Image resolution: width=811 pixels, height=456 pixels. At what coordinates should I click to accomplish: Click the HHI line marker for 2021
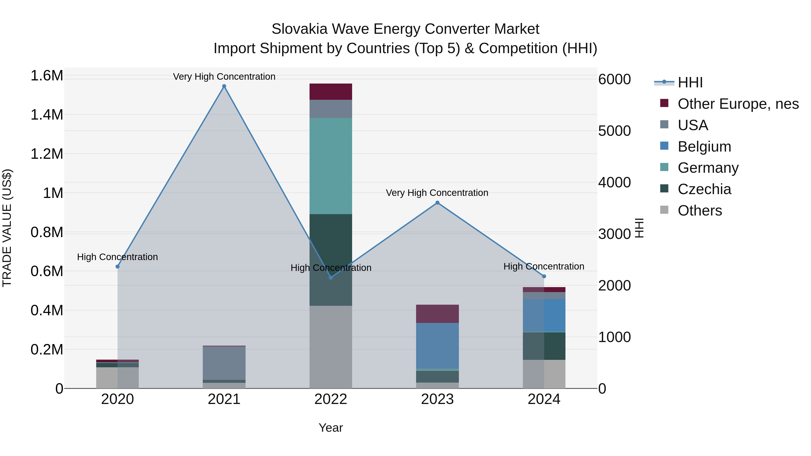click(x=224, y=86)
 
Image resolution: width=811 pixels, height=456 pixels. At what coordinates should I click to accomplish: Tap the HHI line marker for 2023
click(x=437, y=203)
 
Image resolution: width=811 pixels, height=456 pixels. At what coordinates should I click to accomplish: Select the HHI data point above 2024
click(x=544, y=276)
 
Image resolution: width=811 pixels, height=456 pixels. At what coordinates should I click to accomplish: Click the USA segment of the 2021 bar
click(x=224, y=363)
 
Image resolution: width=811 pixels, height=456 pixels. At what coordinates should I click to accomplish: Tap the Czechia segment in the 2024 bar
click(x=544, y=346)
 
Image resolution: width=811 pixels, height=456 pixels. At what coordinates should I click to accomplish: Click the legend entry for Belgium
click(x=704, y=147)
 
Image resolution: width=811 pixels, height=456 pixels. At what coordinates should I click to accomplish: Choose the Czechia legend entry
click(x=704, y=189)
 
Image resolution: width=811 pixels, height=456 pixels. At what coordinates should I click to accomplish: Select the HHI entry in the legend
click(x=690, y=82)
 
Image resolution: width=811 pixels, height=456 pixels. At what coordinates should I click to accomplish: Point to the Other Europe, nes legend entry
click(x=738, y=104)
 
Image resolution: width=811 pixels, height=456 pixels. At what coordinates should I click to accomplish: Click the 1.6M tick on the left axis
click(x=47, y=76)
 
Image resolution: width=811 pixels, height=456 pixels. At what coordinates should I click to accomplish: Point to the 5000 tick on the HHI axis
click(x=614, y=131)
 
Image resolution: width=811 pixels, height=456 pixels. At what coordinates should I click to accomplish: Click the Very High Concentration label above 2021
click(x=224, y=77)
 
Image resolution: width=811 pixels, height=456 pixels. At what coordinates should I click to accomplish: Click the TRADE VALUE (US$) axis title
click(x=7, y=228)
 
